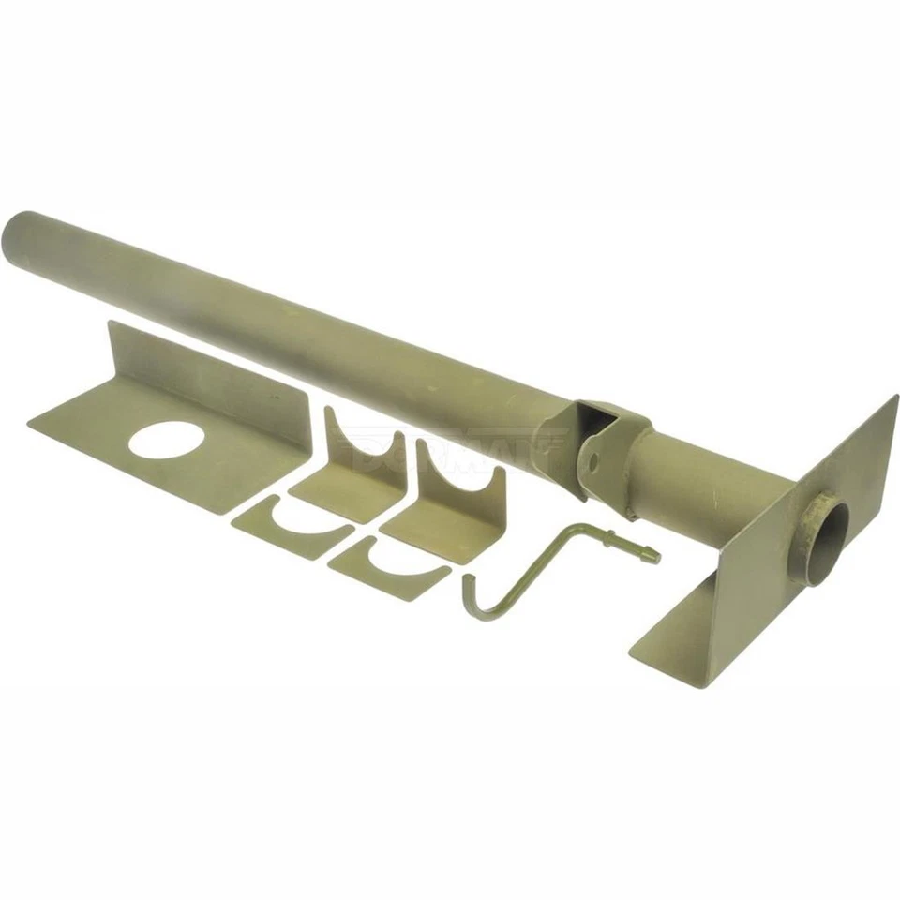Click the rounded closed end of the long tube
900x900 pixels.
pyautogui.click(x=19, y=234)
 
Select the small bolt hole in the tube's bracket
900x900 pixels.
pyautogui.click(x=592, y=459)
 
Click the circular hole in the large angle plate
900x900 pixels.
pyautogui.click(x=171, y=441)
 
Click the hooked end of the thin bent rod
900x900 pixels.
pyautogui.click(x=470, y=600)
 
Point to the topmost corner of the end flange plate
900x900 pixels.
pyautogui.click(x=895, y=397)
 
